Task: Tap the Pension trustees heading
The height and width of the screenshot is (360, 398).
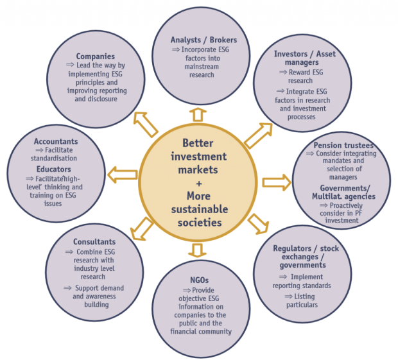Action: click(x=343, y=146)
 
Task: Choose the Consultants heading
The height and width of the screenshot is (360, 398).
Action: click(x=94, y=242)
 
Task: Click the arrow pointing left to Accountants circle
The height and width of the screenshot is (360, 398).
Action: click(x=122, y=173)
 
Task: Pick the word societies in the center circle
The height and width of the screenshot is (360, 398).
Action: click(x=200, y=222)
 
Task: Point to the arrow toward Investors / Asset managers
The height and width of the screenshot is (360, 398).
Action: click(x=257, y=135)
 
